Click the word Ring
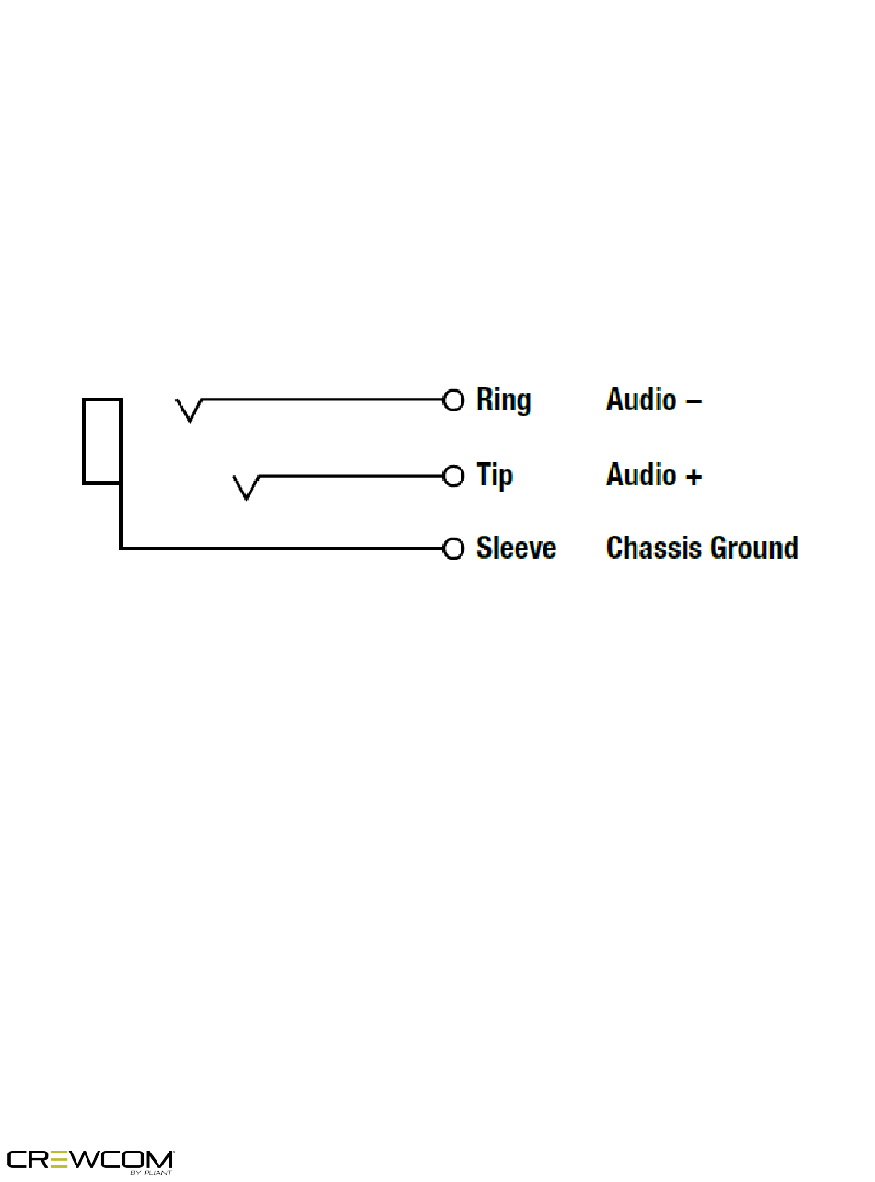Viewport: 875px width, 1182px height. tap(503, 400)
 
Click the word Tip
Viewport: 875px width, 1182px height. tap(494, 476)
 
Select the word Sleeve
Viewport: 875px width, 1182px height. tap(516, 549)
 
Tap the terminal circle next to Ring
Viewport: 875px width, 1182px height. tap(453, 400)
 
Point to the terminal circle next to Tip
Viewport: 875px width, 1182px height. tap(453, 476)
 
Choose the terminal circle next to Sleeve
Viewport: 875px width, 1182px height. tap(453, 549)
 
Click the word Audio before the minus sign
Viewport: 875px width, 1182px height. tap(640, 400)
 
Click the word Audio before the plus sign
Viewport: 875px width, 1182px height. tap(640, 475)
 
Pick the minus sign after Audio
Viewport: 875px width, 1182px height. tap(694, 400)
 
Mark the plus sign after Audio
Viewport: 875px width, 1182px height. tap(694, 476)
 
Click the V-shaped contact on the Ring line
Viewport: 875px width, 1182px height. tap(190, 411)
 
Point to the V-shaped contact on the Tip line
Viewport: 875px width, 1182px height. tap(246, 487)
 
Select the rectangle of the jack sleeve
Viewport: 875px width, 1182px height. tap(102, 441)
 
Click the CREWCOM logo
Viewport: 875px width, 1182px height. tap(90, 1160)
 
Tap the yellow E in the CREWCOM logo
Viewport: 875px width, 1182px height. tap(61, 1159)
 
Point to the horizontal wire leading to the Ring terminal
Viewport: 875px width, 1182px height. tap(322, 400)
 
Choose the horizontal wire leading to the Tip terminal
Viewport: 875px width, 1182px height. tap(350, 476)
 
